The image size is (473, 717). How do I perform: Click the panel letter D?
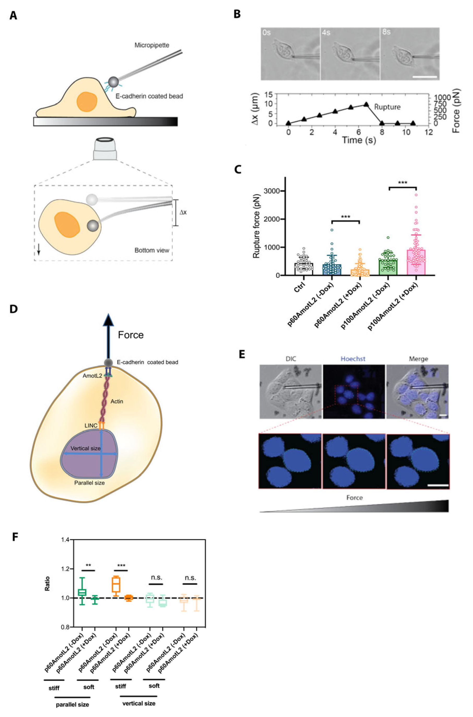coord(14,309)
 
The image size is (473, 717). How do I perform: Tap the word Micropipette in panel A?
coord(151,45)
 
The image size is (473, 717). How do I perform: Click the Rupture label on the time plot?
coord(387,107)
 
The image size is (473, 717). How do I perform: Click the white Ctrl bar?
coord(303,269)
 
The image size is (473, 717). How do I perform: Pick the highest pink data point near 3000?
coord(416,195)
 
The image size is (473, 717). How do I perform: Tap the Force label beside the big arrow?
coord(131,335)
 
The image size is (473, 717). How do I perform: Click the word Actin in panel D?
coord(117,401)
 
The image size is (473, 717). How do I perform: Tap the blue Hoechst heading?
coord(353,359)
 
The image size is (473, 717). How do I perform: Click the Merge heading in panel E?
coord(418,359)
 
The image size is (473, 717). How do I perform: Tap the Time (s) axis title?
coord(359,140)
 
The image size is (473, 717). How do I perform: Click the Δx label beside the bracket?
coord(183,212)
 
